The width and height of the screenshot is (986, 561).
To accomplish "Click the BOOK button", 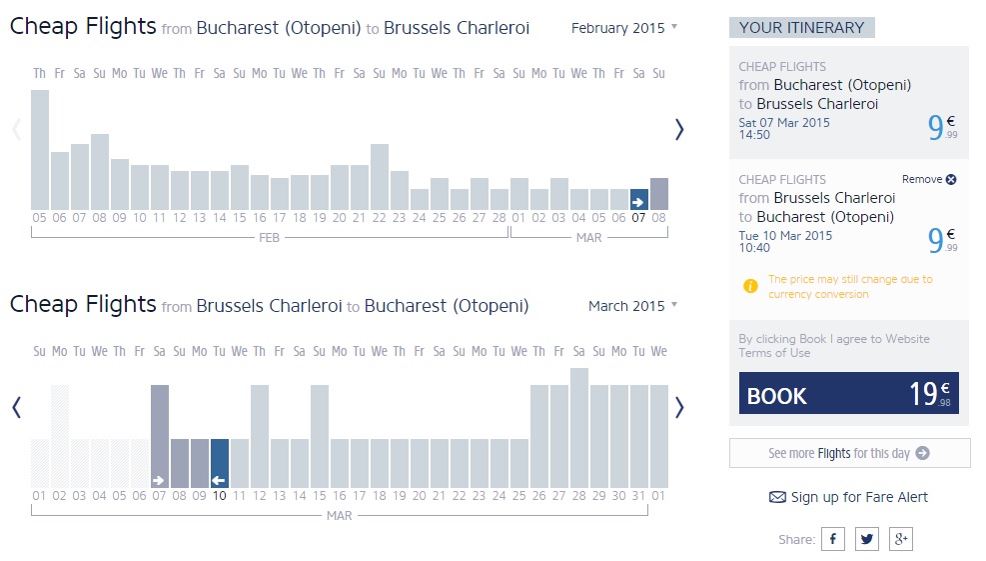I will pos(848,393).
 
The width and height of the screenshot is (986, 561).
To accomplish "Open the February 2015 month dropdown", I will pos(623,28).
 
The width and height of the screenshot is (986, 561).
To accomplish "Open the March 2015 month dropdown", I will pos(632,306).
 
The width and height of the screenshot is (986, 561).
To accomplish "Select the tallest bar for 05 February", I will pos(40,150).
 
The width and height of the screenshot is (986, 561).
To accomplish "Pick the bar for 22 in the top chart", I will pos(380,177).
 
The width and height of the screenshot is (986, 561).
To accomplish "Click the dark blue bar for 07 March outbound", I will pos(639,199).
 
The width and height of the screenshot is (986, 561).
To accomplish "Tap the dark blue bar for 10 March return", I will pos(220,463).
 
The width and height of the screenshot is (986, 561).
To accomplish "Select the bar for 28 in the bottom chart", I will pos(579,428).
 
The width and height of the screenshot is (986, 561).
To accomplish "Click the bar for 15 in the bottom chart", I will pos(320,436).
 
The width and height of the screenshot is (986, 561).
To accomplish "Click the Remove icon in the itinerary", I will pos(951,180).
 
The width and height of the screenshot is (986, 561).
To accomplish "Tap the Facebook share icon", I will pos(832,539).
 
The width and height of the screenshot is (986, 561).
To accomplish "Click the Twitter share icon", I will pos(866,539).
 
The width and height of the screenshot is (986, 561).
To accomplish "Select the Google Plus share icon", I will pos(900,539).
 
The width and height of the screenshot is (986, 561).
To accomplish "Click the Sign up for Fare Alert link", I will pos(848,497).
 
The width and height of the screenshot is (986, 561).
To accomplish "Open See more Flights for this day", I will pos(849,453).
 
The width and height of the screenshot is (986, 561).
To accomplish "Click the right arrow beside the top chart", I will pos(679,129).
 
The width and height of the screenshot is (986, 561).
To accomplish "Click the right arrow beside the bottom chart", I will pos(679,407).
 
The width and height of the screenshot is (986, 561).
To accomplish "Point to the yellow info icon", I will pos(751,286).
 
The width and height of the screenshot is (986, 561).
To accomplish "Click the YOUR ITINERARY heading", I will pos(801,28).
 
